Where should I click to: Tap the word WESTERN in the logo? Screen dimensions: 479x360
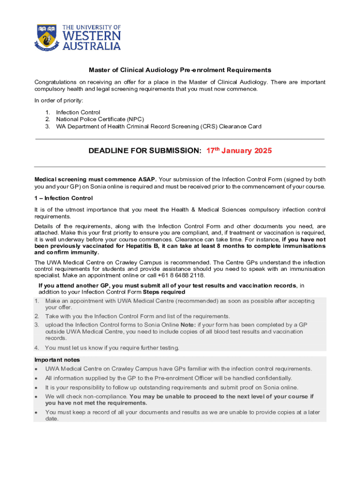[x=91, y=36]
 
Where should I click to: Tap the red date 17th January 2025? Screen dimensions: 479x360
[x=239, y=151]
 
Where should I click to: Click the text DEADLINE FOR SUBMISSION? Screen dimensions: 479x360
[x=145, y=151]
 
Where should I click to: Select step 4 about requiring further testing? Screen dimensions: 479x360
[x=112, y=348]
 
